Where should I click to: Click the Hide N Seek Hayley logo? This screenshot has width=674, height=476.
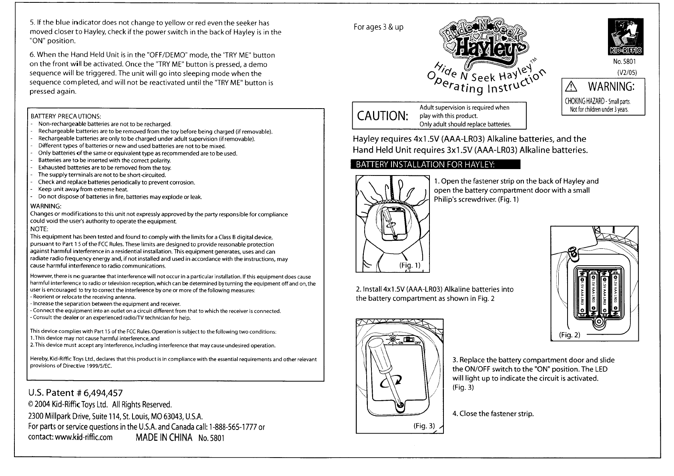480,40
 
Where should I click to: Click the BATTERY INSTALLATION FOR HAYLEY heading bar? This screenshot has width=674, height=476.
435,165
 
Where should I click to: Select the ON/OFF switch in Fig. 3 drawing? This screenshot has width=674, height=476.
409,340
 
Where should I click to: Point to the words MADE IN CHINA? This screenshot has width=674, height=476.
164,437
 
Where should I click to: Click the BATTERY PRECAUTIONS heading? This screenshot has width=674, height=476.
60,116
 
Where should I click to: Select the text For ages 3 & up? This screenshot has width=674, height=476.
378,27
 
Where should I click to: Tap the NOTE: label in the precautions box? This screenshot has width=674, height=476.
39,229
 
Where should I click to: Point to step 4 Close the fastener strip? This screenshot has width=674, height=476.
493,413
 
